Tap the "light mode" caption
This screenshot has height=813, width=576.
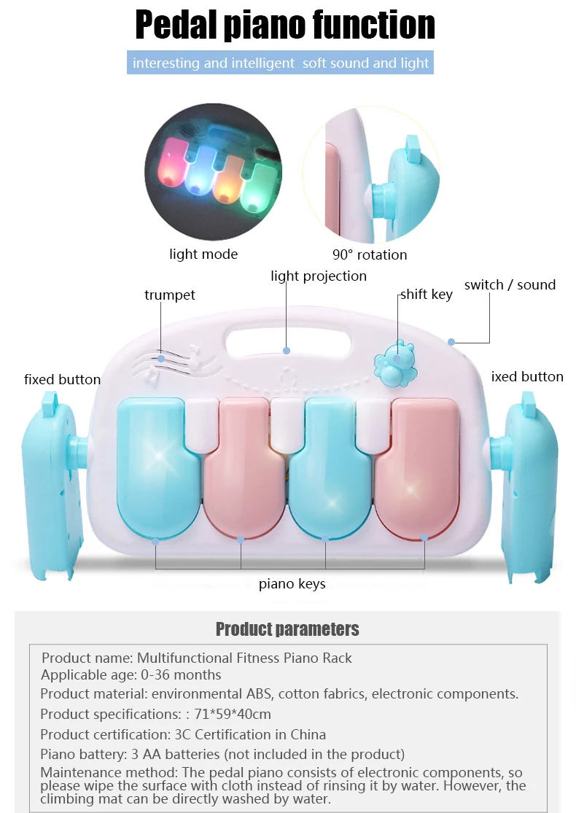tap(203, 254)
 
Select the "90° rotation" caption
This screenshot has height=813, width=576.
tap(370, 254)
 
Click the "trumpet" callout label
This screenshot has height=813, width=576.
tap(170, 295)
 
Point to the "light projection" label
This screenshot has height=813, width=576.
tap(319, 276)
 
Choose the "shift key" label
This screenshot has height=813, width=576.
tap(427, 295)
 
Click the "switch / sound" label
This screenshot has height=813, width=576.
tap(510, 284)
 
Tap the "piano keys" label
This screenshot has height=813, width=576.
tap(292, 584)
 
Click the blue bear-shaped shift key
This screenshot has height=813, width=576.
tap(396, 363)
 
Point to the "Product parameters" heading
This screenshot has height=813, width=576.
tap(287, 629)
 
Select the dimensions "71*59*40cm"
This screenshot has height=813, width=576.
tap(233, 715)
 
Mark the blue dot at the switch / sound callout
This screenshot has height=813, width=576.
tap(451, 342)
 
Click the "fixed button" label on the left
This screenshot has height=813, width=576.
tap(62, 380)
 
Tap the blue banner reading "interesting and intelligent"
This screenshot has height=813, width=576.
tap(281, 63)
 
